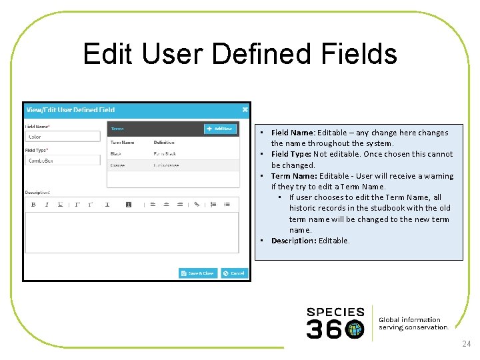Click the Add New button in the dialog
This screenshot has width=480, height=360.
pos(220,129)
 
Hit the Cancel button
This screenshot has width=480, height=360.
pos(234,273)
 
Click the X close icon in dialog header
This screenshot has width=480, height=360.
pos(245,109)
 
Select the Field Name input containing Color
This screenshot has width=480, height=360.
pos(63,137)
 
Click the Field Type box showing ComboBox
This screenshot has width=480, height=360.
pos(63,161)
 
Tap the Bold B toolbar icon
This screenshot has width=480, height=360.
pos(33,205)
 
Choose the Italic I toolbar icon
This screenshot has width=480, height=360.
pos(47,205)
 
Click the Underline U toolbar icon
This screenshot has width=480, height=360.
pos(60,205)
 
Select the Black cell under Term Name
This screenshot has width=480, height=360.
pos(116,154)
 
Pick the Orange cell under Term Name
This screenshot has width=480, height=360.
pos(118,165)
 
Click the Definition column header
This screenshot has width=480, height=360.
pos(164,142)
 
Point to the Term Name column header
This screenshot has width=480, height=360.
pos(122,142)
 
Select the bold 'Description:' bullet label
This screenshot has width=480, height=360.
pos(293,241)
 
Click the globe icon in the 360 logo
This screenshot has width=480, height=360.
pos(355,329)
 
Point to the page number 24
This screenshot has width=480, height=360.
pos(465,344)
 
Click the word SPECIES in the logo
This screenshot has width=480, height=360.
pos(335,311)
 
